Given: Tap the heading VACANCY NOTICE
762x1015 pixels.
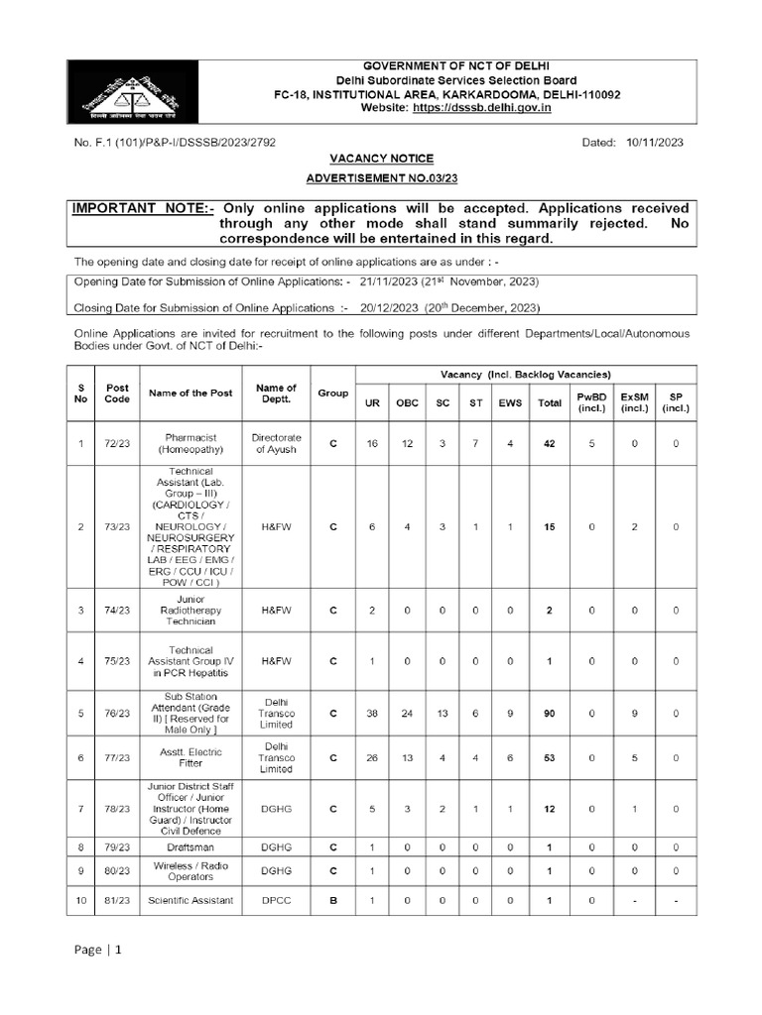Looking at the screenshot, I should point(381,159).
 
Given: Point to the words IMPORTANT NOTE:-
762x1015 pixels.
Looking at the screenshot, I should point(143,208).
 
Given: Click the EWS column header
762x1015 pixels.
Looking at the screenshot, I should point(509,401).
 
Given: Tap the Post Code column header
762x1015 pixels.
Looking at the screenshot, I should point(118,394).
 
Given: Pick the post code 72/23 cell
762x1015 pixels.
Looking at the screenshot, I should point(118,443).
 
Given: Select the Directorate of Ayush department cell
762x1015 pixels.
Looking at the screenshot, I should point(276,443).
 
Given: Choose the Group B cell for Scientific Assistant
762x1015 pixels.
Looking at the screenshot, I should point(332,900).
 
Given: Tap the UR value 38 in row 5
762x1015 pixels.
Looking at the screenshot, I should point(372,712).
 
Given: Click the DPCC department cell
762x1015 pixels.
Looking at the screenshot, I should point(276,900).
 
